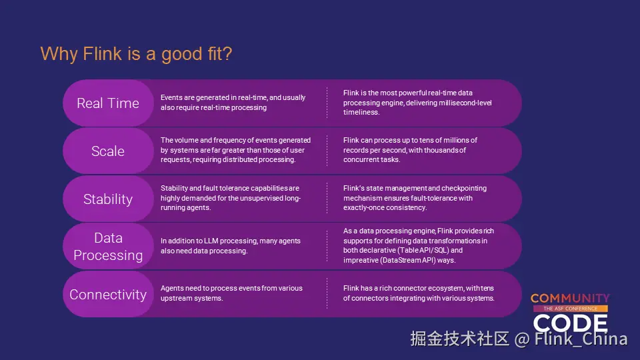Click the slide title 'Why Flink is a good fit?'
click(x=136, y=54)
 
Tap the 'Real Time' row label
click(x=108, y=103)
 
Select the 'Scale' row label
click(x=108, y=151)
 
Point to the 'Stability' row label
click(x=108, y=199)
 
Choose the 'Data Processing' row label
click(x=108, y=246)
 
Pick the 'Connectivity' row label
click(x=108, y=294)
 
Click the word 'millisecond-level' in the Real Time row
click(x=465, y=103)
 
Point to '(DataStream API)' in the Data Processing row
click(x=408, y=260)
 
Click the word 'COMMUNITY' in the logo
click(x=570, y=299)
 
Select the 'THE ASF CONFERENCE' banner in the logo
click(x=570, y=309)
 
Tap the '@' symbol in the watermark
click(x=521, y=339)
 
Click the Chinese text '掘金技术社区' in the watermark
click(x=459, y=339)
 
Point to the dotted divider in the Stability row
click(x=327, y=198)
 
